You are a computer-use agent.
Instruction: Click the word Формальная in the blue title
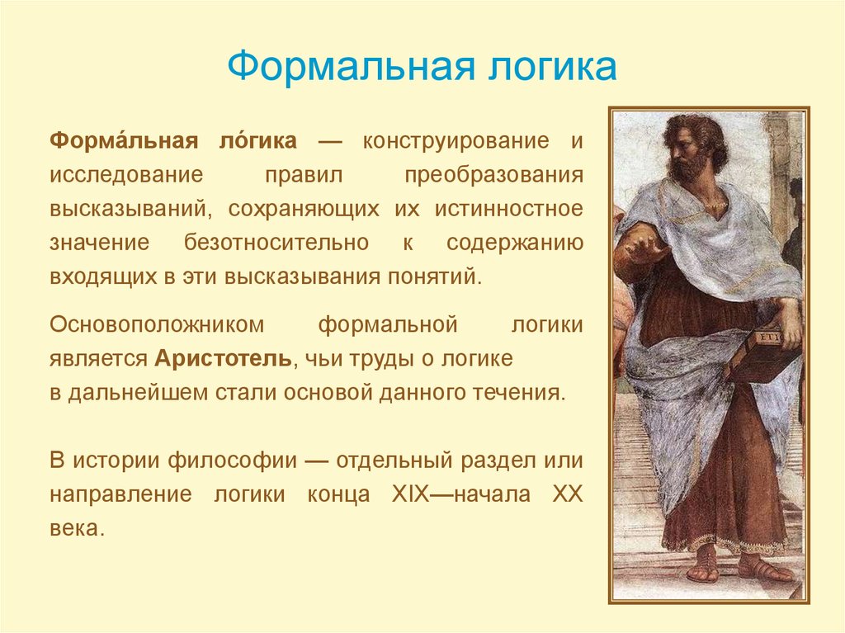pyautogui.click(x=351, y=67)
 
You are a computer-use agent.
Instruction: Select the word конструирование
pyautogui.click(x=456, y=141)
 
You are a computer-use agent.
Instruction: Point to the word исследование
pyautogui.click(x=126, y=175)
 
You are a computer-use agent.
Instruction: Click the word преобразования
pyautogui.click(x=493, y=176)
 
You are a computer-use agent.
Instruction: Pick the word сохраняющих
pyautogui.click(x=304, y=209)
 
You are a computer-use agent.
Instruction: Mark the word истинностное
pyautogui.click(x=508, y=208)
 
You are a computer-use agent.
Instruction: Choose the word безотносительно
pyautogui.click(x=276, y=242)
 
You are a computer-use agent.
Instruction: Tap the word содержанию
pyautogui.click(x=515, y=243)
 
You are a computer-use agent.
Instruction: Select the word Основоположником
pyautogui.click(x=157, y=325)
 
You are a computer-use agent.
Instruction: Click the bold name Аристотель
pyautogui.click(x=223, y=358)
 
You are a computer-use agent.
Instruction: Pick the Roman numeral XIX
pyautogui.click(x=411, y=494)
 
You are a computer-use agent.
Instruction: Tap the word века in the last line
pyautogui.click(x=75, y=528)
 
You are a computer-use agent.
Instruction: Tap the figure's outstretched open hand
pyautogui.click(x=644, y=249)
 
